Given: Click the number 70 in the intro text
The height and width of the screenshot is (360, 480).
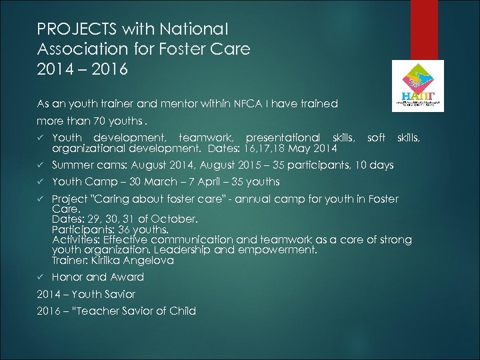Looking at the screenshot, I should [x=97, y=122].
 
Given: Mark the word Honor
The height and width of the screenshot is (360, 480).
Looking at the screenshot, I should [x=67, y=277].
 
